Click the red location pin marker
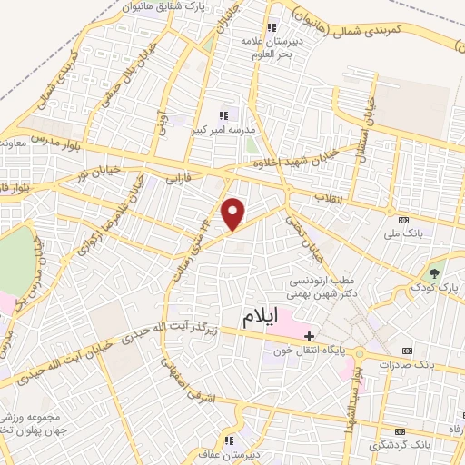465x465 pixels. (234, 213)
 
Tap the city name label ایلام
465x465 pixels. (263, 319)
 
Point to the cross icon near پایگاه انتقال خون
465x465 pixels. (310, 336)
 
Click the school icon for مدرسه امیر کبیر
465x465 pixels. (223, 114)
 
